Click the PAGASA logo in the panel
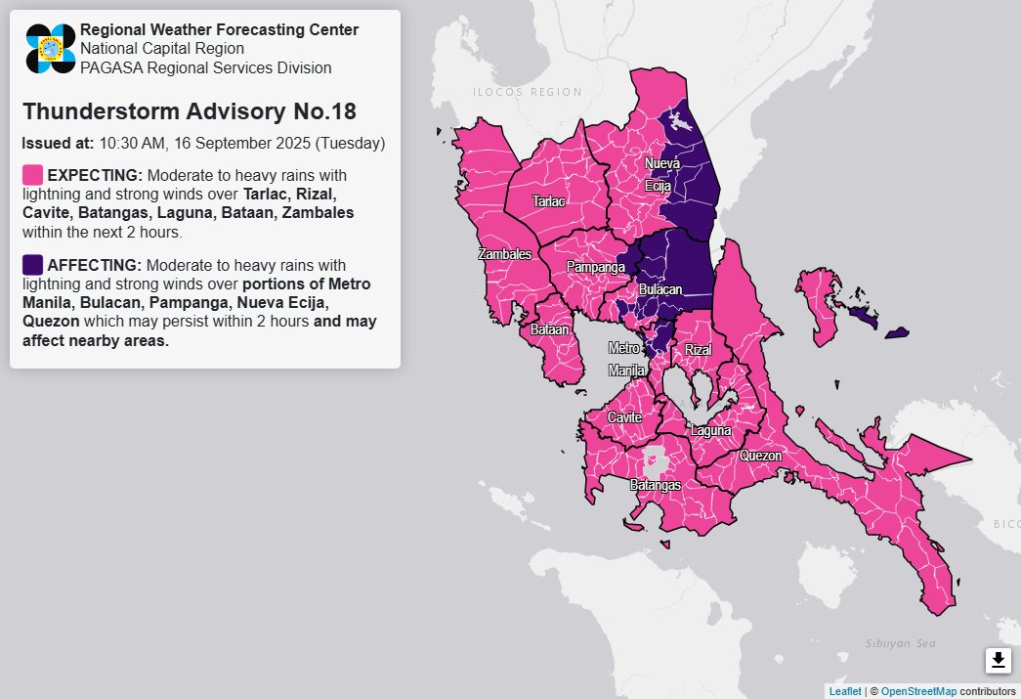(x=51, y=48)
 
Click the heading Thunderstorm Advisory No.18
(x=189, y=110)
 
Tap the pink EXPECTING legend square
(x=32, y=175)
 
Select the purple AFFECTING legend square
(x=32, y=265)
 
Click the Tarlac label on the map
(x=548, y=201)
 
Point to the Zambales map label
(x=504, y=254)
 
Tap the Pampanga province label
(x=595, y=266)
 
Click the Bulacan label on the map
(x=659, y=290)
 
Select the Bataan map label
(x=549, y=330)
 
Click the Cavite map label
(x=624, y=417)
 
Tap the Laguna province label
(x=710, y=430)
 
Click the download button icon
(x=998, y=661)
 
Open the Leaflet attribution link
(x=845, y=691)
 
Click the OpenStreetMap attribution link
(x=918, y=691)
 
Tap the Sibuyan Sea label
(x=900, y=642)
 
